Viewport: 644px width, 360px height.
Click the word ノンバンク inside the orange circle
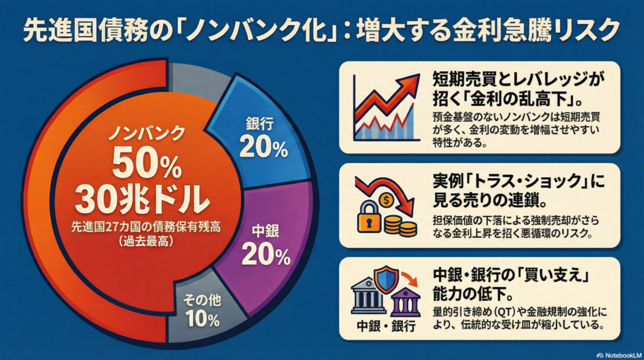pos(147,133)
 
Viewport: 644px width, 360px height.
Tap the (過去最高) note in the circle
pos(147,241)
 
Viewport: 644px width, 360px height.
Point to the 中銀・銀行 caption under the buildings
pos(386,326)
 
